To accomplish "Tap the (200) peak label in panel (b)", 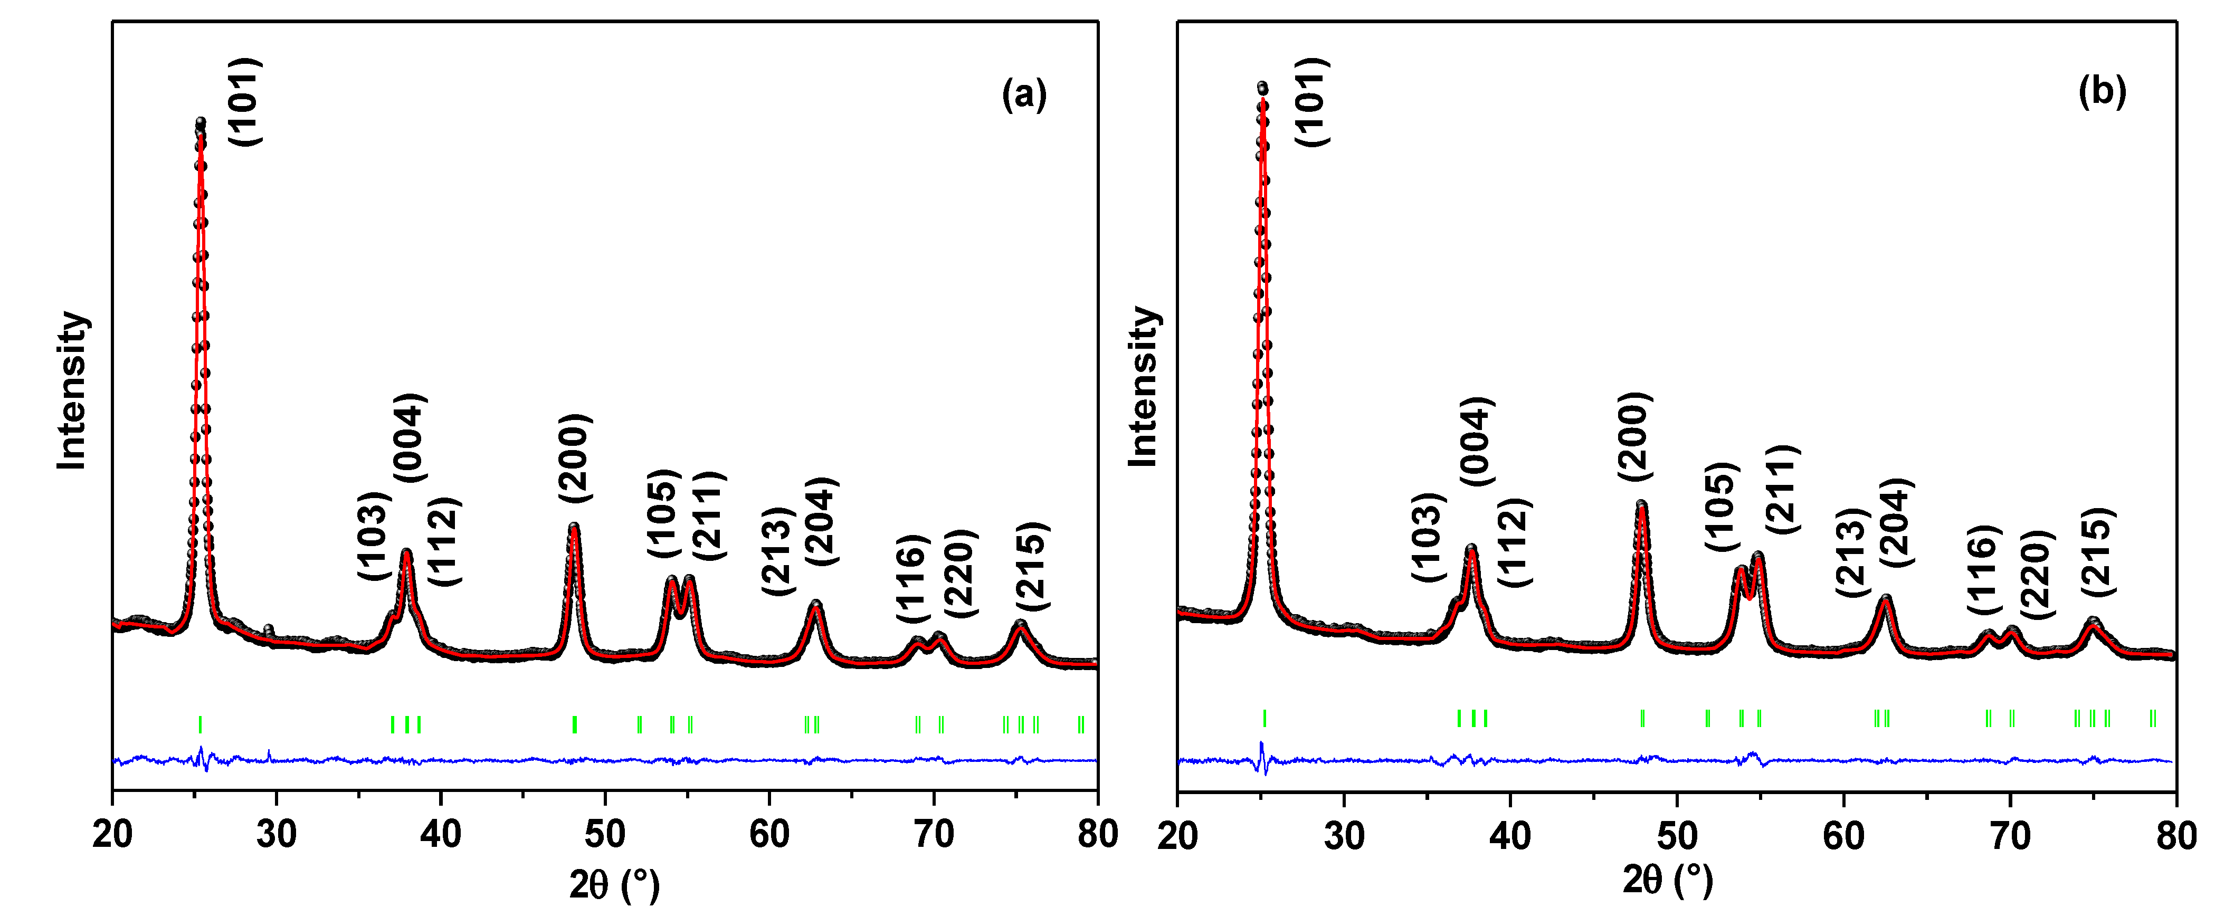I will [x=1635, y=436].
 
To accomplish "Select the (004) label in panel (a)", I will [x=410, y=438].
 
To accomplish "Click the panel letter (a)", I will [x=1024, y=93].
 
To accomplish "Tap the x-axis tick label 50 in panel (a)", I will [x=604, y=834].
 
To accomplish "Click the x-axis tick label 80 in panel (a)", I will [x=1097, y=834].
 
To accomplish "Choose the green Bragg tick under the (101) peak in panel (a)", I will [x=201, y=724].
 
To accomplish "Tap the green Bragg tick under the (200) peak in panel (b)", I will [x=1642, y=718].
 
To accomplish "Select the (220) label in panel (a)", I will [x=961, y=573].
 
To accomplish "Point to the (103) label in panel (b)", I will [x=1428, y=537].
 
